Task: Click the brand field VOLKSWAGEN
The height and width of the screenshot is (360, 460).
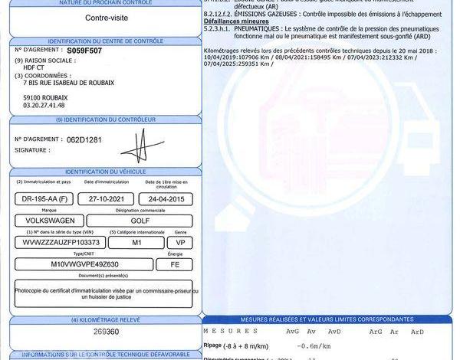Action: click(50, 220)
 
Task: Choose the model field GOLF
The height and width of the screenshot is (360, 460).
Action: click(141, 220)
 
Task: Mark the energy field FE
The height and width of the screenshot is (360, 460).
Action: click(174, 264)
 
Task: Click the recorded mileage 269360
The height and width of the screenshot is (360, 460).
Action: click(105, 332)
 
